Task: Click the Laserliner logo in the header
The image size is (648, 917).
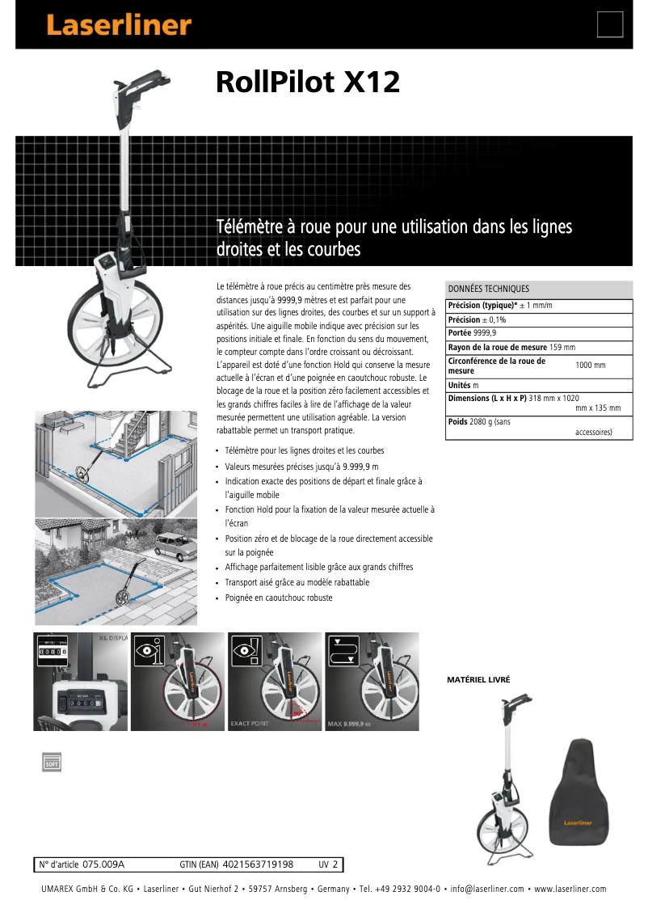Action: point(118,25)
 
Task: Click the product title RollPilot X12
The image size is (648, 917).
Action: point(308,82)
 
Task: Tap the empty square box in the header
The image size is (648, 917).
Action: point(610,24)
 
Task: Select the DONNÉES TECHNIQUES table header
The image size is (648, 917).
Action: point(489,289)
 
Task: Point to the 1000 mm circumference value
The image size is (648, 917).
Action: point(590,366)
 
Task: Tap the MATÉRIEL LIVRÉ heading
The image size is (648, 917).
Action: point(478,680)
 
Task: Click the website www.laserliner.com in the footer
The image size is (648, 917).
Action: point(570,889)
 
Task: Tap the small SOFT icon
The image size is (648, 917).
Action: point(52,760)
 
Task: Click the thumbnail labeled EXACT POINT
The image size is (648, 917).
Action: point(275,682)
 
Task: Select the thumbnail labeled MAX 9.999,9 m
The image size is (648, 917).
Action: point(372,682)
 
